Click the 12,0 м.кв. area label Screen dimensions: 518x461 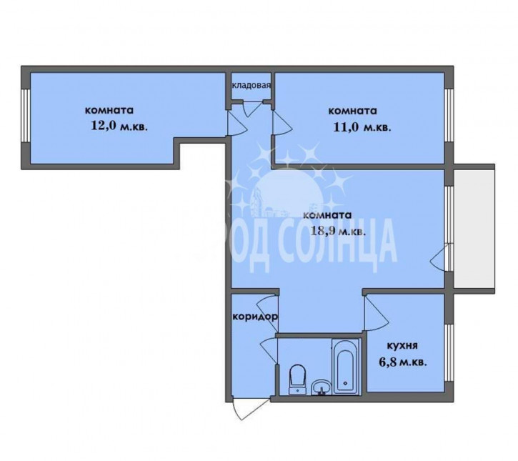click(119, 127)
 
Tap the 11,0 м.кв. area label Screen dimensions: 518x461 click(362, 127)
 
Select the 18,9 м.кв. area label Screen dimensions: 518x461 click(338, 231)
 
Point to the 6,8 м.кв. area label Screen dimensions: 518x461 click(403, 362)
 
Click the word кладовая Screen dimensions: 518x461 click(251, 85)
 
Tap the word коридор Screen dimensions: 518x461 click(255, 317)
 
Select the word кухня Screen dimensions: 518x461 click(402, 346)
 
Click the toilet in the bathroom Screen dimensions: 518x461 click(298, 380)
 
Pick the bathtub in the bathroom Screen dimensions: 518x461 click(346, 366)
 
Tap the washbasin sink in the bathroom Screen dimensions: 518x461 click(321, 387)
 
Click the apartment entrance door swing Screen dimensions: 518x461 click(250, 409)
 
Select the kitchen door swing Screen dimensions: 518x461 click(375, 312)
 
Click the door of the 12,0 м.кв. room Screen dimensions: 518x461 click(236, 123)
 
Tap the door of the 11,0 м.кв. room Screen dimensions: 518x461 click(282, 123)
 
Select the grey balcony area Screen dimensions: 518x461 click(474, 229)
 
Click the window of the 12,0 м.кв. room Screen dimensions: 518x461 click(26, 115)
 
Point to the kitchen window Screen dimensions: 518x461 click(449, 352)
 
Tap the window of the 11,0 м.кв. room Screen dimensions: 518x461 click(449, 115)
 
